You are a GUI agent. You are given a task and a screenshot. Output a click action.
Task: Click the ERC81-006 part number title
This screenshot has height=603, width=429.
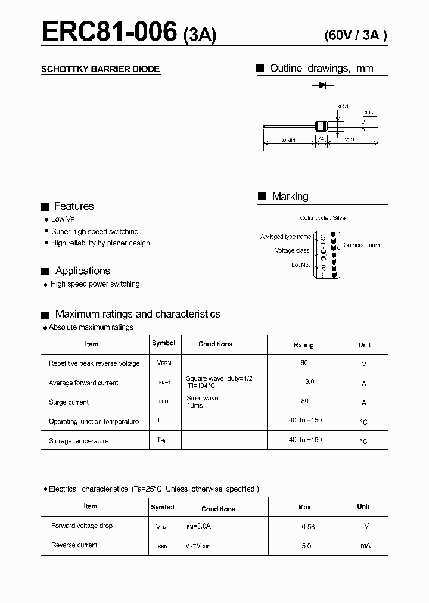110,31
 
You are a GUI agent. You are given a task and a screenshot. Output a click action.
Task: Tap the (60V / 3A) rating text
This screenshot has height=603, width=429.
356,35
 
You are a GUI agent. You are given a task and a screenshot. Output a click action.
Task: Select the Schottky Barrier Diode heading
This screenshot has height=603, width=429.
100,69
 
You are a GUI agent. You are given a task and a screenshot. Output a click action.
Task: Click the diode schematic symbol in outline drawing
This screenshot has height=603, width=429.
322,86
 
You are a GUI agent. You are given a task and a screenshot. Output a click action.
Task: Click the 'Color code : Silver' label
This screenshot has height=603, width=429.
324,218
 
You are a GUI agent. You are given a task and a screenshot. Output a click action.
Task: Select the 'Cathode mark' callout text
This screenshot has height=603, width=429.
362,245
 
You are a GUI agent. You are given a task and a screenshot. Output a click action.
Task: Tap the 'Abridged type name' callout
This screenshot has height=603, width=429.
285,237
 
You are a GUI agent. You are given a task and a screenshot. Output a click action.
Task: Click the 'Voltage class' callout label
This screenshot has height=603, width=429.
292,251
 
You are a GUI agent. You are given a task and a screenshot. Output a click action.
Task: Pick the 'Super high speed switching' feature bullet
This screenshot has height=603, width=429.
95,231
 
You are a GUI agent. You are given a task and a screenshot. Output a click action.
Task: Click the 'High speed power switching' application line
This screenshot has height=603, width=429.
95,284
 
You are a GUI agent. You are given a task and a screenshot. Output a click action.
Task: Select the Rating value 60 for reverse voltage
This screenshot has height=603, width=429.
304,362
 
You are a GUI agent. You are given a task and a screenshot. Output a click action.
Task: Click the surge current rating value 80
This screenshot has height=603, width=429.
305,401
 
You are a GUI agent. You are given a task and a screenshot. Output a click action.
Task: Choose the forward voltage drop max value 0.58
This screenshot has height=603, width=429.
308,527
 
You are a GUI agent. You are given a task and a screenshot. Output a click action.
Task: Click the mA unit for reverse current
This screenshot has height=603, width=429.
365,545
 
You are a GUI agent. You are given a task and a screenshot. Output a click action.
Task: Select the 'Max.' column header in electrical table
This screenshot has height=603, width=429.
305,507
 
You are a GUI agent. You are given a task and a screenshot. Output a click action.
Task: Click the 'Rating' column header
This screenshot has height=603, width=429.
303,345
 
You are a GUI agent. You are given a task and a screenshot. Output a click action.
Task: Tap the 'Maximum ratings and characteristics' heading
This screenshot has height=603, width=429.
137,314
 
